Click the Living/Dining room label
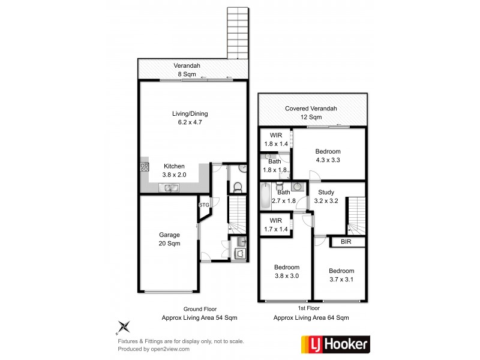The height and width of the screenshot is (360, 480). coord(193,118)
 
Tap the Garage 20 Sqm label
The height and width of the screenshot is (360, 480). coord(169,239)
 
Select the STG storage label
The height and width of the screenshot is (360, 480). coord(204,205)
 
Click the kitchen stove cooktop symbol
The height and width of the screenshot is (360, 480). coord(144,167)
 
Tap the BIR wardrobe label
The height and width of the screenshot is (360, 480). coord(345,242)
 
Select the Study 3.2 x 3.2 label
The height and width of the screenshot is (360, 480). coord(326,196)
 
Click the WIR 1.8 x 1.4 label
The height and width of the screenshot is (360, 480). coord(275,140)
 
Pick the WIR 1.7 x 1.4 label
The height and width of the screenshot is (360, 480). coord(275,225)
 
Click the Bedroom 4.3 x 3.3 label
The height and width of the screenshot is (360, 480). coord(328,155)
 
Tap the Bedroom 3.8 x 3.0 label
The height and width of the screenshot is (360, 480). coord(287,271)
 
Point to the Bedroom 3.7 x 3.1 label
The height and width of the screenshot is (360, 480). coord(341,275)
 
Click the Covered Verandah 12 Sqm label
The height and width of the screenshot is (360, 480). coord(311,112)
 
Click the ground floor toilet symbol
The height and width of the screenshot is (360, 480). coord(236,187)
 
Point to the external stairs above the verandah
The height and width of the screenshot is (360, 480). coord(237,33)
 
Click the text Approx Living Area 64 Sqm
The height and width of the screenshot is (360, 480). coord(311,318)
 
